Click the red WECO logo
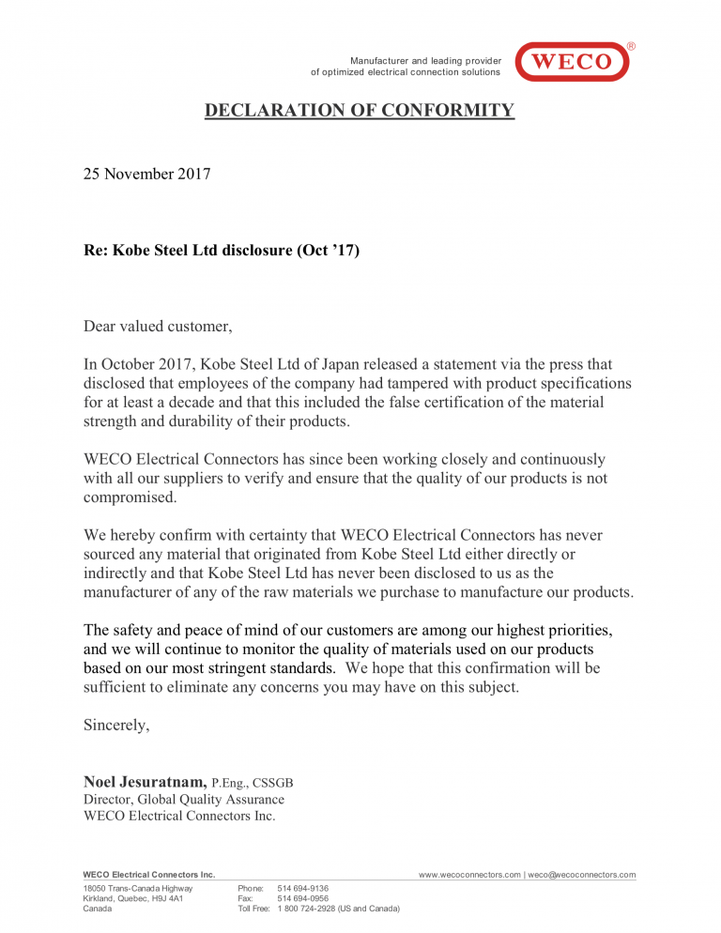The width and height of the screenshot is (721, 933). click(x=572, y=62)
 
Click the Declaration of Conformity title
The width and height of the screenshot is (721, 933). click(x=360, y=111)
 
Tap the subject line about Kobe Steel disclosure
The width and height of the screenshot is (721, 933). click(x=222, y=252)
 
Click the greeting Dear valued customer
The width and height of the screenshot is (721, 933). click(x=158, y=327)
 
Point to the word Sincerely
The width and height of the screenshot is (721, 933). click(x=116, y=725)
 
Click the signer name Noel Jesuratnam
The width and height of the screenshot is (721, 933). click(x=146, y=781)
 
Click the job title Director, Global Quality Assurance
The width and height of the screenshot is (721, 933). click(x=184, y=799)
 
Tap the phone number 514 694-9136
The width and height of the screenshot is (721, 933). click(x=303, y=888)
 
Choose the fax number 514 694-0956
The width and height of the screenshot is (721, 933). click(x=303, y=898)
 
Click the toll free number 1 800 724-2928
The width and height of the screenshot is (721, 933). click(x=339, y=909)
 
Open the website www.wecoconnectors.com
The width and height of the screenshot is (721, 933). click(x=468, y=875)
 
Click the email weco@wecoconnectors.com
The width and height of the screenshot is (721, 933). click(x=581, y=875)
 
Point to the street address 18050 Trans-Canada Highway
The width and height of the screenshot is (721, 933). click(x=138, y=888)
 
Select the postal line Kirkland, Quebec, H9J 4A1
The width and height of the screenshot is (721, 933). click(x=133, y=898)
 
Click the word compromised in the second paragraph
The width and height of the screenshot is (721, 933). click(x=130, y=497)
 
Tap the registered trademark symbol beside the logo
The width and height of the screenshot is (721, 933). click(x=631, y=46)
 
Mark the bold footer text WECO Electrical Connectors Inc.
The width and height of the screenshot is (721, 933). click(x=149, y=875)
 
